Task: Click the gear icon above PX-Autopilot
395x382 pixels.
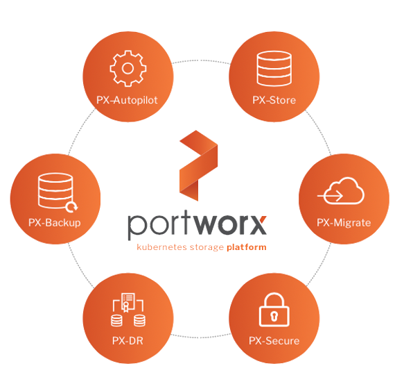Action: [128, 69]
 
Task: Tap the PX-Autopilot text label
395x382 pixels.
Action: [127, 100]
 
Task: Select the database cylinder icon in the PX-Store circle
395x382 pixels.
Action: [274, 69]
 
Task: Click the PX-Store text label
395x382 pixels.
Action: [274, 100]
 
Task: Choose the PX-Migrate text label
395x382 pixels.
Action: [344, 223]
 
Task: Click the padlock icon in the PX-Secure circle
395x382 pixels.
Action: [274, 310]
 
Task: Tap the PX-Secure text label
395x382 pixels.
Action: [274, 341]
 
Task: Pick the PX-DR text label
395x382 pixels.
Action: [128, 341]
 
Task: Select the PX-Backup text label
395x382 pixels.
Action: [55, 223]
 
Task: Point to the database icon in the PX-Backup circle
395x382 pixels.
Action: [55, 190]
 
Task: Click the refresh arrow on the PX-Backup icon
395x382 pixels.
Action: [72, 207]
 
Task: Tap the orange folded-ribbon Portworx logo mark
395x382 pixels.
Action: [198, 165]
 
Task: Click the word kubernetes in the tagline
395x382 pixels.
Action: [161, 247]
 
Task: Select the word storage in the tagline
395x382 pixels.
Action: [207, 247]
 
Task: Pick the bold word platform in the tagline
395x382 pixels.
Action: [247, 247]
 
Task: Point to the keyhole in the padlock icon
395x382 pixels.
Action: [274, 316]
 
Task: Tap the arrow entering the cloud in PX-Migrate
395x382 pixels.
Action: [330, 196]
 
